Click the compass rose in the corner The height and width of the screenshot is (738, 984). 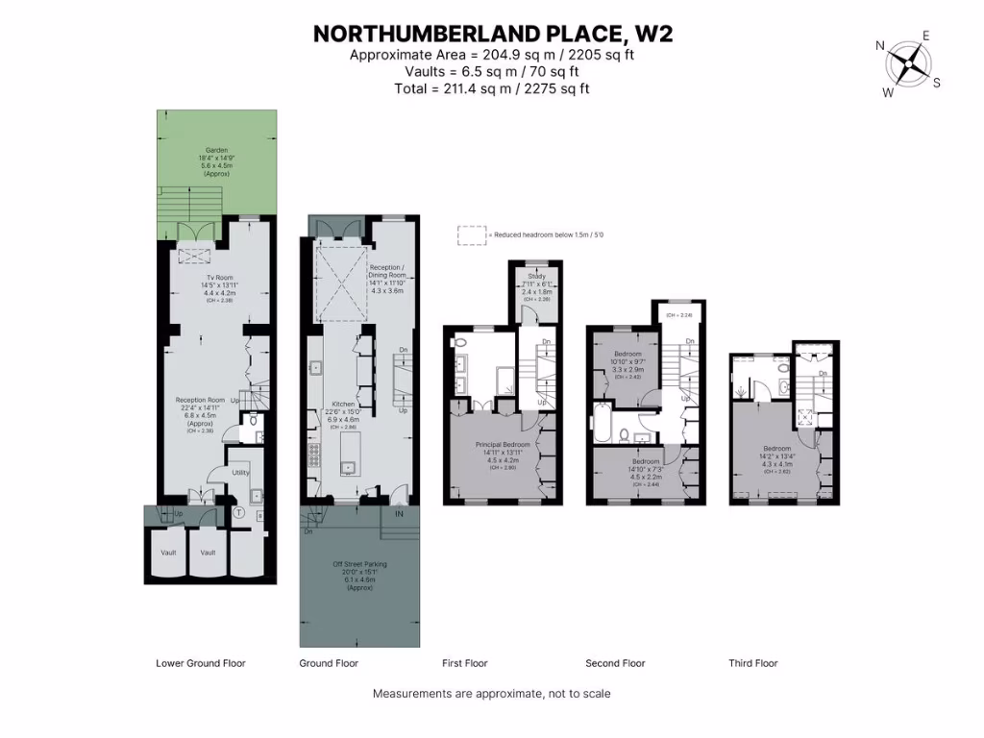click(907, 64)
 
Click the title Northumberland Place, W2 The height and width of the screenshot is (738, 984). click(492, 34)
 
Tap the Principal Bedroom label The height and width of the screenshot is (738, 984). click(503, 445)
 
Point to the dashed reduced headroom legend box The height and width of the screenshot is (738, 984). click(471, 235)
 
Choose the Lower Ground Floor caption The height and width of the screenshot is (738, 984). click(201, 663)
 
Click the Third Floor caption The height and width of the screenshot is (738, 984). click(752, 663)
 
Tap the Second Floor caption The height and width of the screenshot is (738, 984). click(615, 663)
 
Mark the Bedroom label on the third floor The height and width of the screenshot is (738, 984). click(776, 449)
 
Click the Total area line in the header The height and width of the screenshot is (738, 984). click(491, 88)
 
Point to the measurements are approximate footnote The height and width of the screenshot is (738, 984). click(491, 693)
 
